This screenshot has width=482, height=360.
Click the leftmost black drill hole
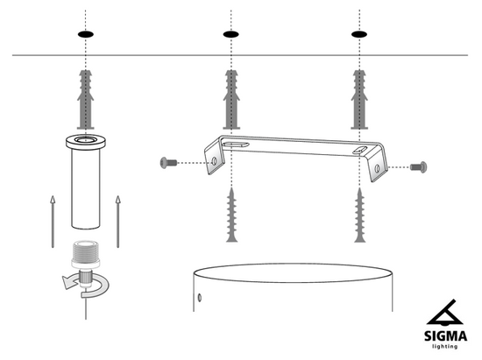(86, 34)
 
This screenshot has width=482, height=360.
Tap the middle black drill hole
(230, 34)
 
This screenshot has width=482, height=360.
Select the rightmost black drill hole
(359, 34)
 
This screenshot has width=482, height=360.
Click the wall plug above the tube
(86, 100)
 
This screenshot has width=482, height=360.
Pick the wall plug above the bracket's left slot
(231, 100)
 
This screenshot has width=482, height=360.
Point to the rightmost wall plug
(359, 100)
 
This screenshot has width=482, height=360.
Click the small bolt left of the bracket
(168, 162)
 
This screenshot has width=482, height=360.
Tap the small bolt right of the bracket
(418, 167)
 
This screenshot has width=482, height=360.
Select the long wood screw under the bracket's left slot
(231, 215)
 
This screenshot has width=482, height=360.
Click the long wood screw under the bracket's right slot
(359, 215)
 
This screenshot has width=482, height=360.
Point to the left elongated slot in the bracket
(236, 144)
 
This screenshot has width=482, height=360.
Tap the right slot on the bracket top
(360, 150)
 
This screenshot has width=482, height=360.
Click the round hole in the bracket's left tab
(214, 160)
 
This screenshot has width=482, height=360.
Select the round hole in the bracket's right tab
(377, 168)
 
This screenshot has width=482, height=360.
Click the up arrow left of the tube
(53, 222)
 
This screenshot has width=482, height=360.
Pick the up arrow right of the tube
(117, 222)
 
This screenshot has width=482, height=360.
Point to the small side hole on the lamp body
(200, 297)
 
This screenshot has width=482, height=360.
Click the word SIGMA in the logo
(445, 336)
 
